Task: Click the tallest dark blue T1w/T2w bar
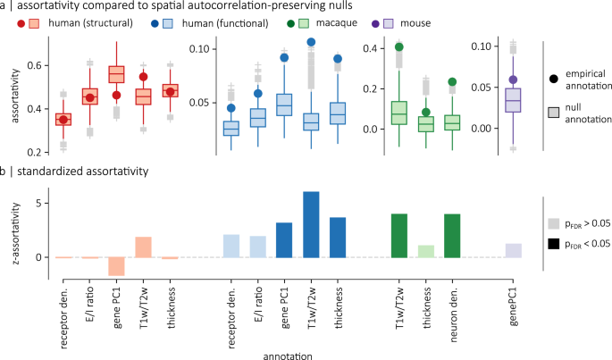click(311, 224)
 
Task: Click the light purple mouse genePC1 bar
click(513, 250)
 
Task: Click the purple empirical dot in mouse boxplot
click(513, 80)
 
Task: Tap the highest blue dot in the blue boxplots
click(311, 42)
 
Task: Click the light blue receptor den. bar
click(231, 246)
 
